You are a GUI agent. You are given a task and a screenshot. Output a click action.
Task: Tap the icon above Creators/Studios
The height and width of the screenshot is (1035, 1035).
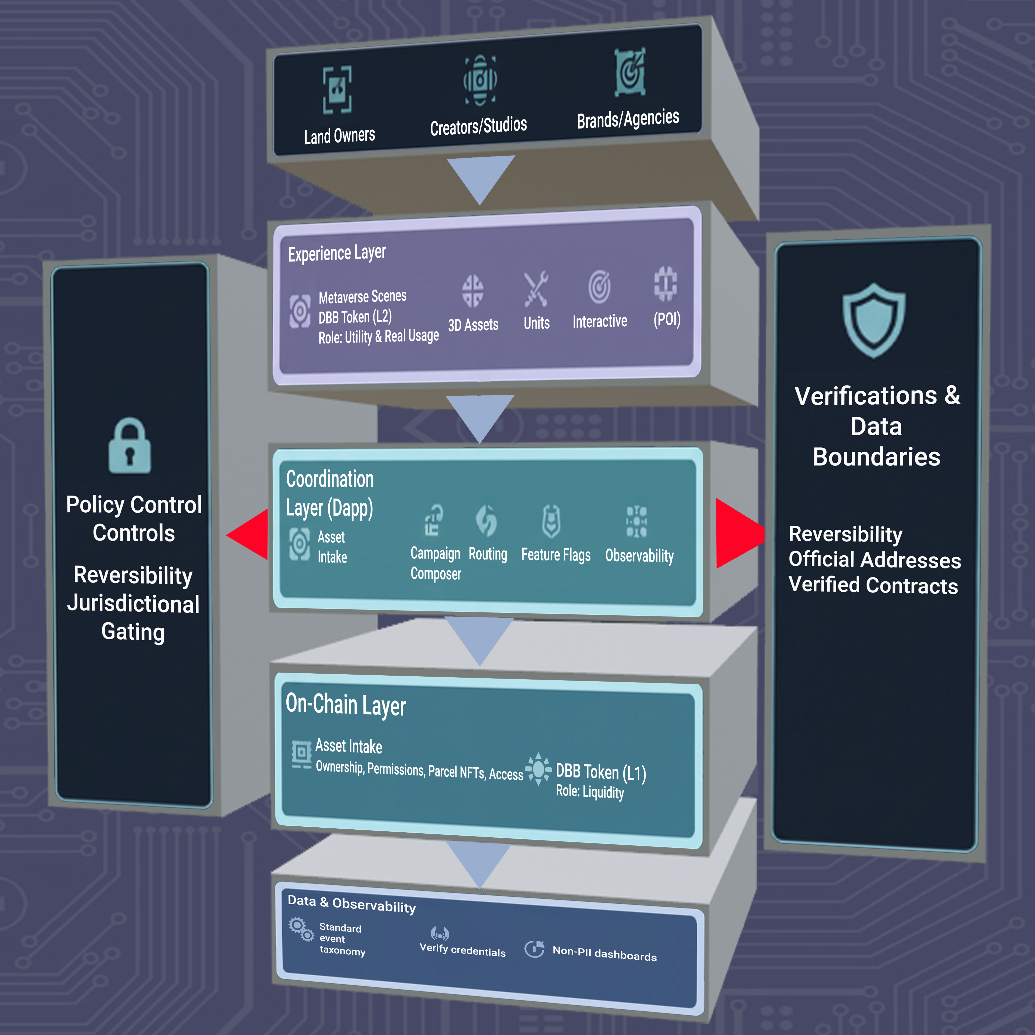pos(480,80)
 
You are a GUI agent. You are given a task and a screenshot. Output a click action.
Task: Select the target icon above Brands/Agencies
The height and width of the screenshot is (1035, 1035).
pos(630,72)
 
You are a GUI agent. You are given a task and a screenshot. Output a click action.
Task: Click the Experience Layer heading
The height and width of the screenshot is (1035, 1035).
pos(337,253)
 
